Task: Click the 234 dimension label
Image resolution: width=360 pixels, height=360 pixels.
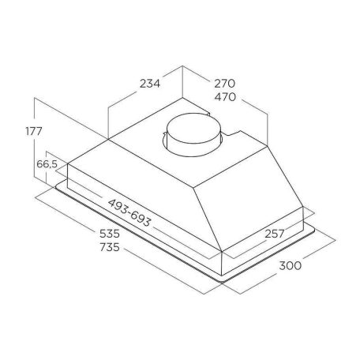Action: (150, 84)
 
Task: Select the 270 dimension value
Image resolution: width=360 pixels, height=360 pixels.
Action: (224, 84)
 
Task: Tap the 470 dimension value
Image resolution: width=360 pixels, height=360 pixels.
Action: (225, 97)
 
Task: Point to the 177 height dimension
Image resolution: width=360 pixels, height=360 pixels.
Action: (34, 131)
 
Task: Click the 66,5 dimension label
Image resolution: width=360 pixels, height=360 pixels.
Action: (47, 164)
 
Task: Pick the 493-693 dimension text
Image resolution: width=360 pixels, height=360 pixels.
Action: (129, 213)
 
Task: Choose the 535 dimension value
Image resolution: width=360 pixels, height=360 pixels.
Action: (110, 234)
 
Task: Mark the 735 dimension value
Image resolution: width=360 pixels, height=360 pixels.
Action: (110, 247)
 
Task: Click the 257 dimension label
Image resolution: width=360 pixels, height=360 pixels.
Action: (275, 234)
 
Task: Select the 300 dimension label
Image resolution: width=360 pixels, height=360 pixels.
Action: (290, 265)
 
